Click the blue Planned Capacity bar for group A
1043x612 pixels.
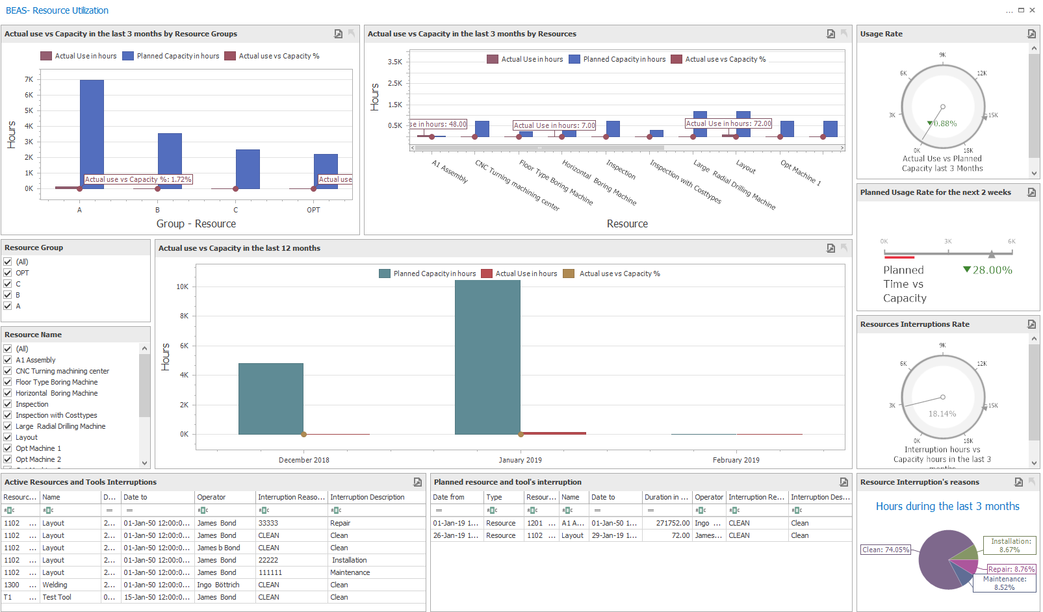[x=92, y=133]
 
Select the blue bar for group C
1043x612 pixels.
[x=248, y=169]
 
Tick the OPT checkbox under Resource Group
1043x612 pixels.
[x=8, y=273]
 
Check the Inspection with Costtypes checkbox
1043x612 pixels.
[x=8, y=415]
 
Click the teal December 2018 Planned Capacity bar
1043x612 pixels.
[x=270, y=398]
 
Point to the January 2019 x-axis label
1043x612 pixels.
[x=520, y=460]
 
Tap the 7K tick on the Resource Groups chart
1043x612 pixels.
[x=29, y=79]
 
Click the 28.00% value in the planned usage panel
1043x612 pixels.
[x=992, y=270]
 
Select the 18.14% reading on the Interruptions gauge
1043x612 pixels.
[x=942, y=414]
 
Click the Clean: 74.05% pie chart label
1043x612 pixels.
[x=886, y=550]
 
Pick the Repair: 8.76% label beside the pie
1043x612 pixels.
[x=1011, y=569]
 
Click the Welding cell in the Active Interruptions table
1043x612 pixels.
[x=55, y=585]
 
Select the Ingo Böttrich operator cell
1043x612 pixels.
[x=218, y=585]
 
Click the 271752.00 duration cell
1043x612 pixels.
[x=673, y=523]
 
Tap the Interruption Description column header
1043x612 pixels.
[x=367, y=497]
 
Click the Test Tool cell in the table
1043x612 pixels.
[x=57, y=597]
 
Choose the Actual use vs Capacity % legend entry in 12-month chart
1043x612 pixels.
[x=619, y=274]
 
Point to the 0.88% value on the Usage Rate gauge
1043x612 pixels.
[x=945, y=123]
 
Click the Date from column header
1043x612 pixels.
[x=448, y=497]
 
